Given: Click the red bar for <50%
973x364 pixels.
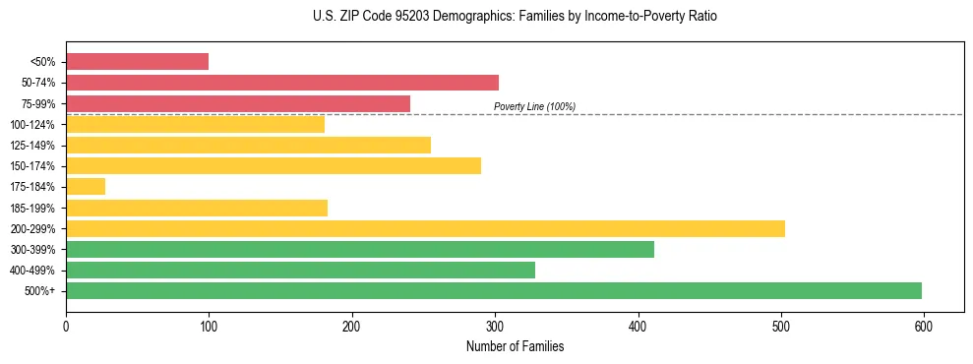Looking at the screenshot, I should [x=137, y=62].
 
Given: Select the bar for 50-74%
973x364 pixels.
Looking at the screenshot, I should [x=282, y=83].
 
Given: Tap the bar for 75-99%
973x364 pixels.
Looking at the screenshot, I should [x=238, y=103].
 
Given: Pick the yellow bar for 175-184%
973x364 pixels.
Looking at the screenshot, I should [x=86, y=187].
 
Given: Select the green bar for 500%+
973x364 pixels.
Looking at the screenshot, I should [x=494, y=290].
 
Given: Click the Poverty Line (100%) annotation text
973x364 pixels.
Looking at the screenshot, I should [x=534, y=106].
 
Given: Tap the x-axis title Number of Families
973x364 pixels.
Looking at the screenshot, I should [x=515, y=346].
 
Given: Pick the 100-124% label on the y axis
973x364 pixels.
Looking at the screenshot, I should [x=32, y=125].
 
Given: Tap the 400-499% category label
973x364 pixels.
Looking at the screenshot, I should [x=32, y=271].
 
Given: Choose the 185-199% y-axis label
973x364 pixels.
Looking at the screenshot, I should [x=32, y=208].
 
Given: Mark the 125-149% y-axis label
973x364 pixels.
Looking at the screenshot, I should [x=32, y=146].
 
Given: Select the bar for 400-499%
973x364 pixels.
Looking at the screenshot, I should [x=300, y=270].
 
